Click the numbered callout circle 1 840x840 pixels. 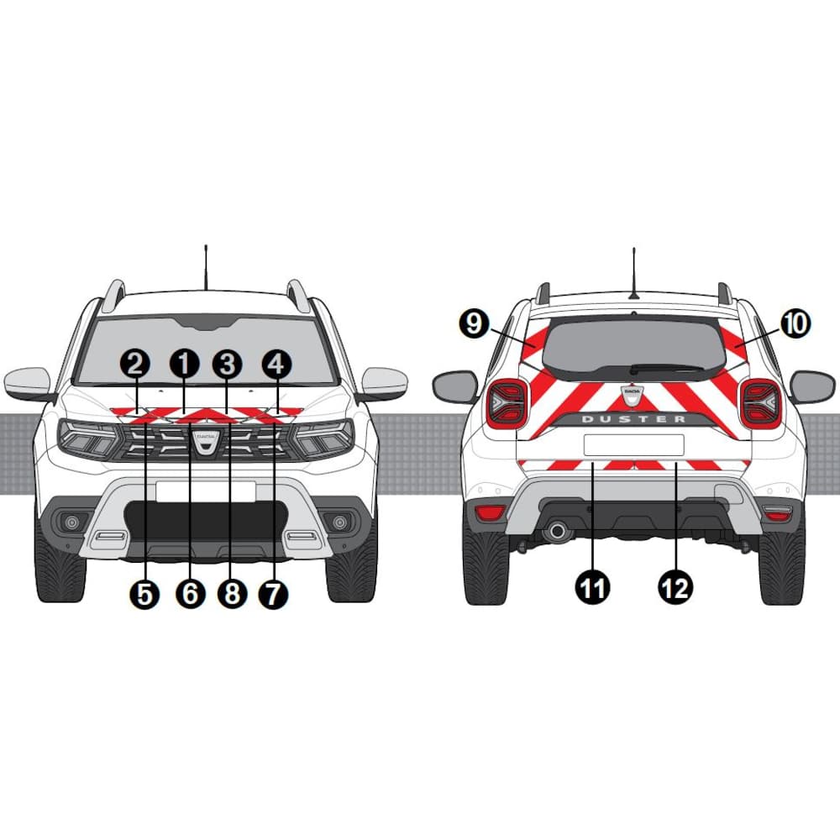point(184,365)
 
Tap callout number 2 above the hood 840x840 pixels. point(135,365)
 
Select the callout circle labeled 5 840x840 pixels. point(144,594)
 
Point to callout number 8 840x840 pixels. point(232,594)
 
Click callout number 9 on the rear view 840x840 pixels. point(474,323)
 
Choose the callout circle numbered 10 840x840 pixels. point(795,323)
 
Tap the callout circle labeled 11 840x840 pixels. point(592,588)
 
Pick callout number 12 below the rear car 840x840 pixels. point(675,588)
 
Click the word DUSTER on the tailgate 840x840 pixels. point(633,419)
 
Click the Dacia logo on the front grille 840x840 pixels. point(206,441)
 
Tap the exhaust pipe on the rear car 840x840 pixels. point(557,531)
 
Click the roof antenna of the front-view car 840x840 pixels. point(206,268)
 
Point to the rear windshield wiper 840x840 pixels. point(666,369)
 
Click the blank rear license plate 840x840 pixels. point(633,445)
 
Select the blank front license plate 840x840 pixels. point(206,491)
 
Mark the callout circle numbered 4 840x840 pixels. point(276,365)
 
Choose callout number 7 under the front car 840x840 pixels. point(273,594)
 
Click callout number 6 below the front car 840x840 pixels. point(191,594)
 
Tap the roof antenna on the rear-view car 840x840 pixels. point(634,273)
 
